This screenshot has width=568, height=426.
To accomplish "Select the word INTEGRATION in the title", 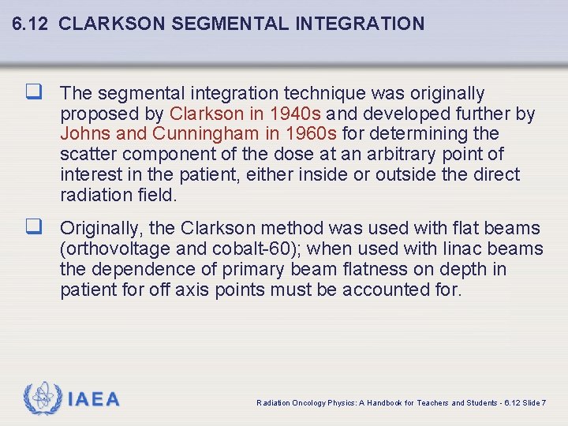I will (360, 24).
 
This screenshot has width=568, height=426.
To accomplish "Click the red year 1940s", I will (296, 114).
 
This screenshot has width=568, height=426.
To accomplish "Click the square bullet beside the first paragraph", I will (35, 94).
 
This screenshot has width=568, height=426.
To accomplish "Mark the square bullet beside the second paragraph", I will (35, 229).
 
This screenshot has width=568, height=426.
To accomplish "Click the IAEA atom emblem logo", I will (42, 399).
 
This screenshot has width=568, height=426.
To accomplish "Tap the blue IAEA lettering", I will (93, 400).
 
